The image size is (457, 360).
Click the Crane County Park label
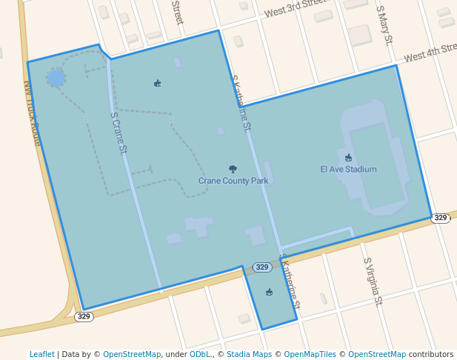[x=233, y=181]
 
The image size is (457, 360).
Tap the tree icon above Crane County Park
[x=233, y=170]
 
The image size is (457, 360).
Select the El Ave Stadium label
[x=348, y=170]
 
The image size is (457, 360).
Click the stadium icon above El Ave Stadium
[x=348, y=157]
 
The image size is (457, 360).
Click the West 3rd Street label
[x=296, y=10]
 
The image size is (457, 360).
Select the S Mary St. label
[x=384, y=26]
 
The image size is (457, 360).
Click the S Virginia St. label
[x=373, y=282]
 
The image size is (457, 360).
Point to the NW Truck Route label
[x=33, y=112]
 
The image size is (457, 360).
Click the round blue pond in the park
[x=56, y=78]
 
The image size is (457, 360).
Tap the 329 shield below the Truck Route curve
[x=84, y=316]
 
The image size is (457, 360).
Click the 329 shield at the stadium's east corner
[x=441, y=218]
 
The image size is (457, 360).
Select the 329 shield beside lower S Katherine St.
[x=261, y=267]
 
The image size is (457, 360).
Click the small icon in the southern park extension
[x=270, y=292]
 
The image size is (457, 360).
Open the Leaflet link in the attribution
[x=41, y=354]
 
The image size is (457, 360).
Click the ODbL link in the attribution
[x=200, y=354]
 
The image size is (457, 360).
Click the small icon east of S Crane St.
[x=157, y=83]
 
